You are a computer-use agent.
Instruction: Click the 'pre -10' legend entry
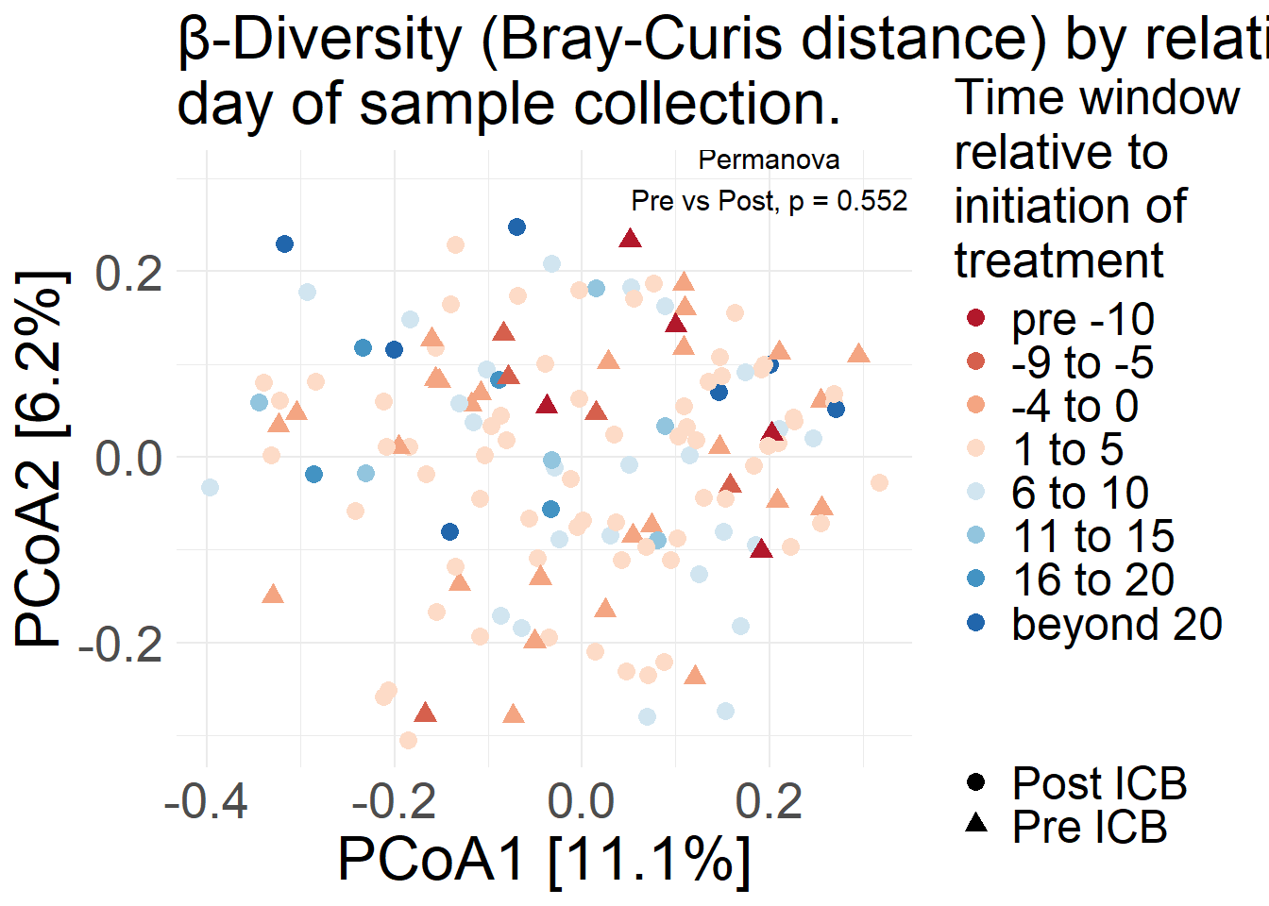(1082, 320)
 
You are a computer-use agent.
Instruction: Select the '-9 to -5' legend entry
(1082, 363)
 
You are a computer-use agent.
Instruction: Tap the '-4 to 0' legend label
(1074, 407)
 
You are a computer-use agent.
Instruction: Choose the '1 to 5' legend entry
(1067, 450)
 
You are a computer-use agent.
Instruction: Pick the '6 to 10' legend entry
(1079, 494)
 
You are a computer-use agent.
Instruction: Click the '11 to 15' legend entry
(1092, 537)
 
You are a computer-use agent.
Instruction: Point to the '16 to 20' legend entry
(1092, 580)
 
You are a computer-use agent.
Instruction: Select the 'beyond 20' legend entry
(1116, 624)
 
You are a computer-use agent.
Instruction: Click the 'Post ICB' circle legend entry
(1098, 783)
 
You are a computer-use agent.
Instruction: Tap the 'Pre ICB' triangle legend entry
(1089, 827)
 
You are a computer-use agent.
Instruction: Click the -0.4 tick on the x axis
(206, 801)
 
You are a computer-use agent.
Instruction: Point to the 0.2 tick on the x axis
(769, 801)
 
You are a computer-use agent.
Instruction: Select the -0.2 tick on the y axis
(121, 645)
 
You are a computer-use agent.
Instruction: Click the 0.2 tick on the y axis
(129, 273)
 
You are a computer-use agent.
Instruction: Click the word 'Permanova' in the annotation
(769, 160)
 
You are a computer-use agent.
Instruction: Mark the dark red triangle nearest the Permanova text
(631, 239)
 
